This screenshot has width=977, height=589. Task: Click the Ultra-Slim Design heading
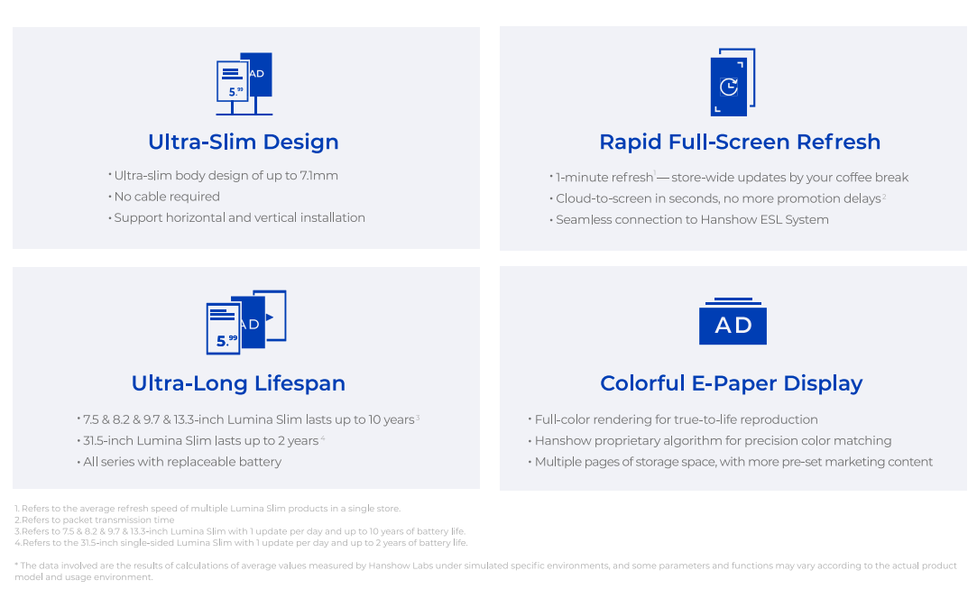[243, 143]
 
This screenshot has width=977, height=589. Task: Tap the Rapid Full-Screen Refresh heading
[740, 143]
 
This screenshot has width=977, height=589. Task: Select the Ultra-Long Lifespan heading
[238, 383]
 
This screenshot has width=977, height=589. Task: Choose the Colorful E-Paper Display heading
[731, 383]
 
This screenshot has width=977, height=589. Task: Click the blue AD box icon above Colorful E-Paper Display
[733, 322]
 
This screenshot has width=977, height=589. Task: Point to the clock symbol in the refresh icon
[728, 87]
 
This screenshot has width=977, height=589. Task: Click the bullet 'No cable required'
[164, 197]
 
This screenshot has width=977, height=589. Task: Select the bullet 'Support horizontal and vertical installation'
[236, 218]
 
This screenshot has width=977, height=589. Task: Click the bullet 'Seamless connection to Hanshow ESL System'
[689, 220]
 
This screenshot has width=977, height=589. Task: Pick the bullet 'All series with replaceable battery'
[180, 462]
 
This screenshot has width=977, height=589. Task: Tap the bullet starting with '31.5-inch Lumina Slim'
[200, 441]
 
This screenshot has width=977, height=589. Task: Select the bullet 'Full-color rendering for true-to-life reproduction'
[673, 419]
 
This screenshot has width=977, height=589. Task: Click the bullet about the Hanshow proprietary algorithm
[710, 441]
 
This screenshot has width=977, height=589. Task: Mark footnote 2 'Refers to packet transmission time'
[95, 520]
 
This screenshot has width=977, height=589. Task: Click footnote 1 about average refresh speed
[207, 509]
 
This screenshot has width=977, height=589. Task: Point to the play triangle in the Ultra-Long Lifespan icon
[270, 318]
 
